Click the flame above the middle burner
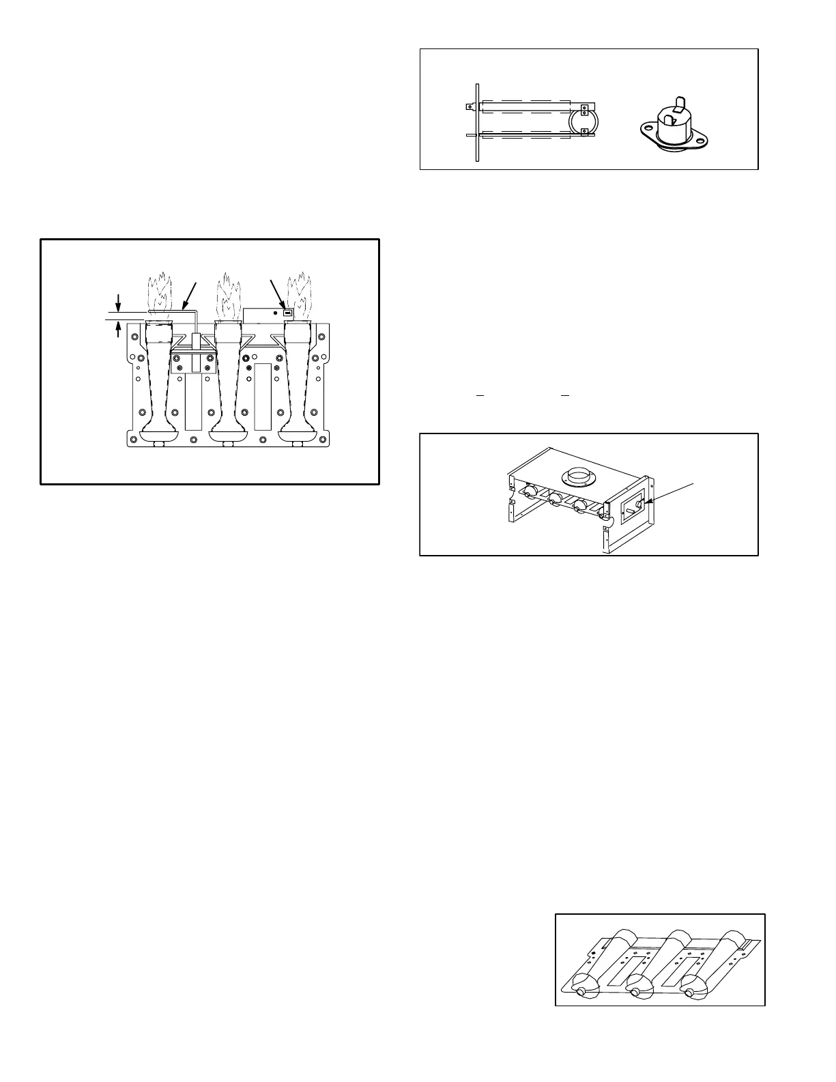click(229, 294)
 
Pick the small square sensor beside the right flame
click(287, 313)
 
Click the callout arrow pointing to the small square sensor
click(278, 294)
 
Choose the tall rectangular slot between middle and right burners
click(263, 396)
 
